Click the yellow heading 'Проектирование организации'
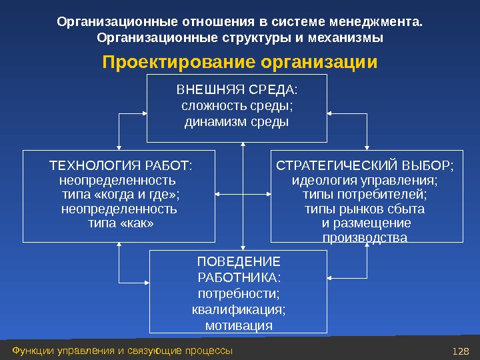(239, 63)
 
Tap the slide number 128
(460, 351)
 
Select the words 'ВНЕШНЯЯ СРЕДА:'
(237, 89)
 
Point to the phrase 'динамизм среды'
(237, 122)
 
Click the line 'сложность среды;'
(237, 106)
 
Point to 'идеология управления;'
(365, 180)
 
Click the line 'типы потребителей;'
(365, 195)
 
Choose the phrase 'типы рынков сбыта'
(365, 209)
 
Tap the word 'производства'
(365, 238)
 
